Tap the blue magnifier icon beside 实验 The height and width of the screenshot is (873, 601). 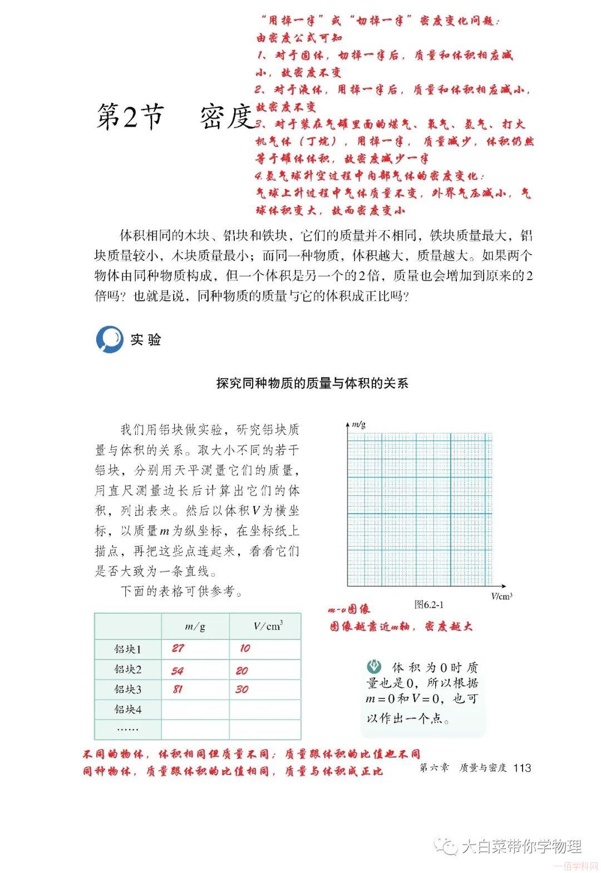tap(110, 339)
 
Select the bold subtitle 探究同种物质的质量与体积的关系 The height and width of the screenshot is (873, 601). tap(312, 384)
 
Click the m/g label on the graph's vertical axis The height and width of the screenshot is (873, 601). tap(358, 425)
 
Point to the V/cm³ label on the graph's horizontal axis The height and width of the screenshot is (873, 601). tap(501, 596)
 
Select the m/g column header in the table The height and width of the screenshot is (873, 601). tap(195, 627)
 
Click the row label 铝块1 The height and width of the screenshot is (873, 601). tap(128, 649)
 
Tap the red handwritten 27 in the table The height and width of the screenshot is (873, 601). tap(178, 648)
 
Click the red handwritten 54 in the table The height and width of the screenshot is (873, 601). tap(178, 671)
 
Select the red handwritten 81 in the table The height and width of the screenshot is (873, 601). tap(178, 690)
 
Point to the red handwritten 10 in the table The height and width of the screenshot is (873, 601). tap(245, 648)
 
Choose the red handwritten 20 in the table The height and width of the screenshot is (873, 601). tap(242, 671)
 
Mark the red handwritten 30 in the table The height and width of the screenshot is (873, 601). tap(242, 690)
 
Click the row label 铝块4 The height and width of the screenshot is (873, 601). tap(128, 710)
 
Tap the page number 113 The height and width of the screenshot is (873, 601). tap(523, 768)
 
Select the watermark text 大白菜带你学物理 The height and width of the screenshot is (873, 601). tap(521, 846)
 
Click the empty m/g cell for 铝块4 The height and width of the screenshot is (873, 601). tap(195, 710)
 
